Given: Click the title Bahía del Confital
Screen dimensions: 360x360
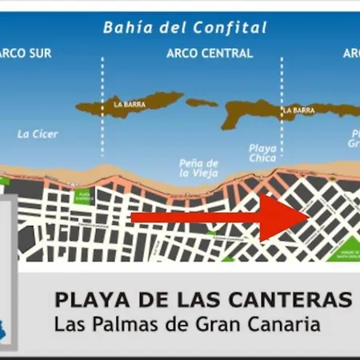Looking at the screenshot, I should tap(185, 28).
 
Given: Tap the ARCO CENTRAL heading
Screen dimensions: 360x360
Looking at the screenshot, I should tap(210, 54).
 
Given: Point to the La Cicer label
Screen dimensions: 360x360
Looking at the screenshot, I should tap(38, 134).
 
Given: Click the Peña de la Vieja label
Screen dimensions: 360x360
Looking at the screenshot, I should tap(198, 167).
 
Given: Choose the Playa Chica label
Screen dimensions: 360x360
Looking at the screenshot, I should tap(262, 153).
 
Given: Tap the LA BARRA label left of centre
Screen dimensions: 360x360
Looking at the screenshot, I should tap(130, 104).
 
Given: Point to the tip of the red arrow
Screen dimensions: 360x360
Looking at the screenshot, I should tap(309, 216).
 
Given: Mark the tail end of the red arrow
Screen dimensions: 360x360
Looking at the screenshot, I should tap(133, 217).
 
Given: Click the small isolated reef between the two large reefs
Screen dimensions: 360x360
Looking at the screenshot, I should tap(202, 102).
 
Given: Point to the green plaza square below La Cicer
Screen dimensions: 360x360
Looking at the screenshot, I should tap(82, 196).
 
